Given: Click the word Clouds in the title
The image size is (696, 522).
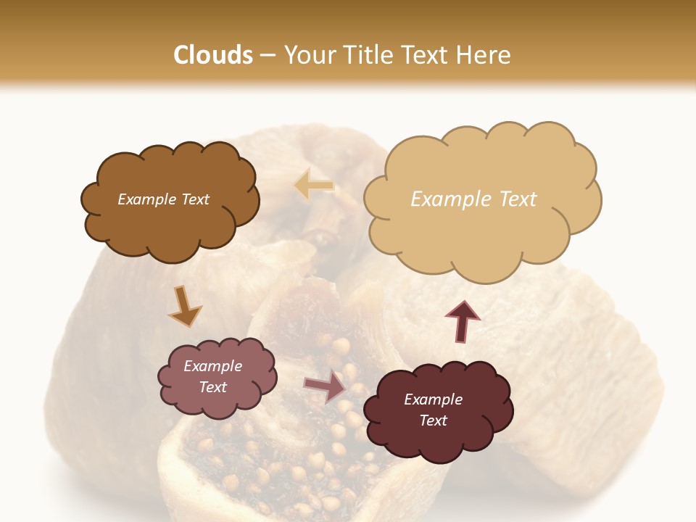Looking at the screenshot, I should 213,55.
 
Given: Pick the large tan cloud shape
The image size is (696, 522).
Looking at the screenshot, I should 478,232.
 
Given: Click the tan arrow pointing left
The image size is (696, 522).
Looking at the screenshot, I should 314,185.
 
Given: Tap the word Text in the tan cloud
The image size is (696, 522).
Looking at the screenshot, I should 518,199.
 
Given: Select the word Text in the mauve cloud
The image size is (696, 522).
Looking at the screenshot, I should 212,387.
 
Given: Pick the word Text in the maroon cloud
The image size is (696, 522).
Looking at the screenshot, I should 433,420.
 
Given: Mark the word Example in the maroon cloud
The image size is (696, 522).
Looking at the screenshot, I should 433,399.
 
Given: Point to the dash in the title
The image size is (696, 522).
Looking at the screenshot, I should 268,56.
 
